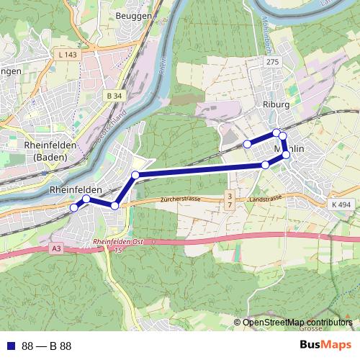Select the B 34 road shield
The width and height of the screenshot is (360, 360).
pos(114,95)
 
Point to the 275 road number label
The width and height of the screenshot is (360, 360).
pos(271,63)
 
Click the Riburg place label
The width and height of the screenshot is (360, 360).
pos(276,104)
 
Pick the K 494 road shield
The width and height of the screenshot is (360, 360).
pos(342,205)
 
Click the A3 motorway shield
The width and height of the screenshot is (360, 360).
pos(57,248)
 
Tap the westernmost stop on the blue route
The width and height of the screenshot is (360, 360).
pos(73,208)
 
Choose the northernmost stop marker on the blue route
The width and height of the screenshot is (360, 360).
pos(276,132)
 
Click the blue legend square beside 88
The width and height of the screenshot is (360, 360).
pos(9,346)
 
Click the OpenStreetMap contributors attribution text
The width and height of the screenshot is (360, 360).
pos(297,323)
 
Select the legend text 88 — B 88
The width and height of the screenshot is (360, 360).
pos(47,346)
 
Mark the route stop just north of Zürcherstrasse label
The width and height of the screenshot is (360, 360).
pos(135,175)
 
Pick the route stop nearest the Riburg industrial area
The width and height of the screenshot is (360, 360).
pos(247,144)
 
